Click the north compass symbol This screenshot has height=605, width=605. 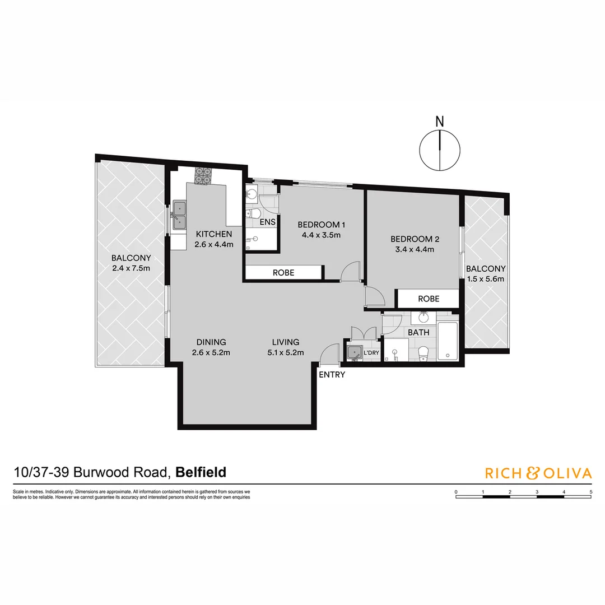[x=440, y=150]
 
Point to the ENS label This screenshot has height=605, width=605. [x=268, y=222]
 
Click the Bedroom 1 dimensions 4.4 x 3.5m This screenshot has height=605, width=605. [x=319, y=235]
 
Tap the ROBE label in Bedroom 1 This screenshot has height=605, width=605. [x=283, y=273]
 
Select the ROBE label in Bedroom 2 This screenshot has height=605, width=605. [x=429, y=299]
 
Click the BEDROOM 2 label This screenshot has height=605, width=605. [x=412, y=239]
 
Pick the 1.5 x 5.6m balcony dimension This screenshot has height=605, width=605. [x=486, y=279]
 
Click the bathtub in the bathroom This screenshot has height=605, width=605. [x=448, y=342]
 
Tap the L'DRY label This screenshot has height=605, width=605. [x=371, y=353]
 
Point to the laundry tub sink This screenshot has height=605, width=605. [x=354, y=353]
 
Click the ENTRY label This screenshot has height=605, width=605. [x=332, y=375]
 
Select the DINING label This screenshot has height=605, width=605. [x=211, y=342]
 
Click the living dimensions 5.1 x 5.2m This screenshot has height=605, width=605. [x=286, y=352]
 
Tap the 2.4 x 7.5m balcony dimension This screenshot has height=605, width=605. [x=131, y=268]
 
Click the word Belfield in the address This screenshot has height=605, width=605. [x=201, y=472]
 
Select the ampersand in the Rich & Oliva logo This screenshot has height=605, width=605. [x=532, y=473]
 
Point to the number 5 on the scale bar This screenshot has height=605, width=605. [x=591, y=491]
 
